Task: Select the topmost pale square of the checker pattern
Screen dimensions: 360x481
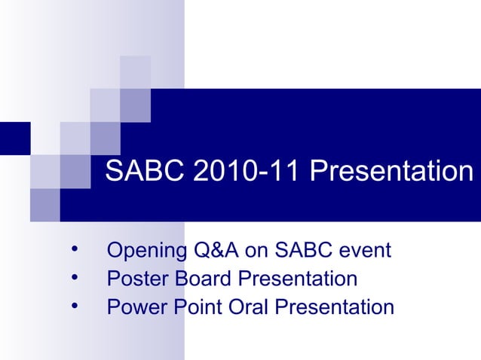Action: click(135, 72)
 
